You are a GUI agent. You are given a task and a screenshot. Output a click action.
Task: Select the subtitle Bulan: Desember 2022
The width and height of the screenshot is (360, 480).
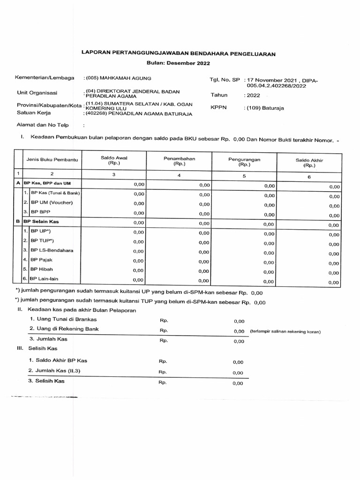point(178,63)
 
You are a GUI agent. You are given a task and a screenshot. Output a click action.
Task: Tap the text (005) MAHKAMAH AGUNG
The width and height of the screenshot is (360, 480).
point(118,78)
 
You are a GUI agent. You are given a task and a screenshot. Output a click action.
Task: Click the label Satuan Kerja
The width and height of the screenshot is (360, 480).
point(34,113)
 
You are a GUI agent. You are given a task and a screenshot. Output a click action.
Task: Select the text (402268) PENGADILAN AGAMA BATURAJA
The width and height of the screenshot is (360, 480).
point(138,113)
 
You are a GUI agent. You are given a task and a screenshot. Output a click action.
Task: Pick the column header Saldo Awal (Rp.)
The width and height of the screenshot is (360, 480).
point(114,161)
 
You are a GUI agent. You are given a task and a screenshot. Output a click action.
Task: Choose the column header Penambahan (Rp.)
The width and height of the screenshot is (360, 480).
point(179,161)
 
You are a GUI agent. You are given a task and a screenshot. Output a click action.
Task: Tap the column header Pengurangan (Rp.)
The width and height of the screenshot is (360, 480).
point(244,162)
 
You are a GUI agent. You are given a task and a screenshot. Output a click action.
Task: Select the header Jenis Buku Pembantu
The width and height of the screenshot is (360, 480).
point(52,160)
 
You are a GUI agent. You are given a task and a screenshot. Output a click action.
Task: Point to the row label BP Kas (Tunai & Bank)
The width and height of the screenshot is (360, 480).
point(55,193)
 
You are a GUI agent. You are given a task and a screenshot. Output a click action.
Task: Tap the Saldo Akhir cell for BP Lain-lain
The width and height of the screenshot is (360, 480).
point(333,282)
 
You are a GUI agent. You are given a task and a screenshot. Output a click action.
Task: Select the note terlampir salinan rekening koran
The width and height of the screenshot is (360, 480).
point(286,332)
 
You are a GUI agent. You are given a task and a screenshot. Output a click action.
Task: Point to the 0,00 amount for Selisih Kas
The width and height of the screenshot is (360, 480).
point(238,383)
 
